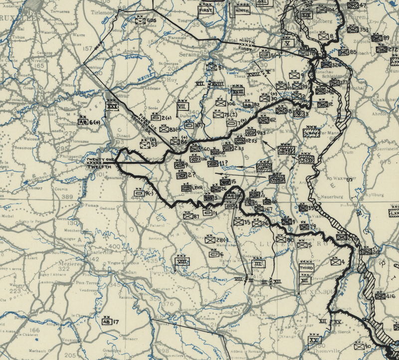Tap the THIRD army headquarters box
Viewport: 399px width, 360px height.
click(305, 268)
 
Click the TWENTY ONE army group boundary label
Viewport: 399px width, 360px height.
click(100, 159)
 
